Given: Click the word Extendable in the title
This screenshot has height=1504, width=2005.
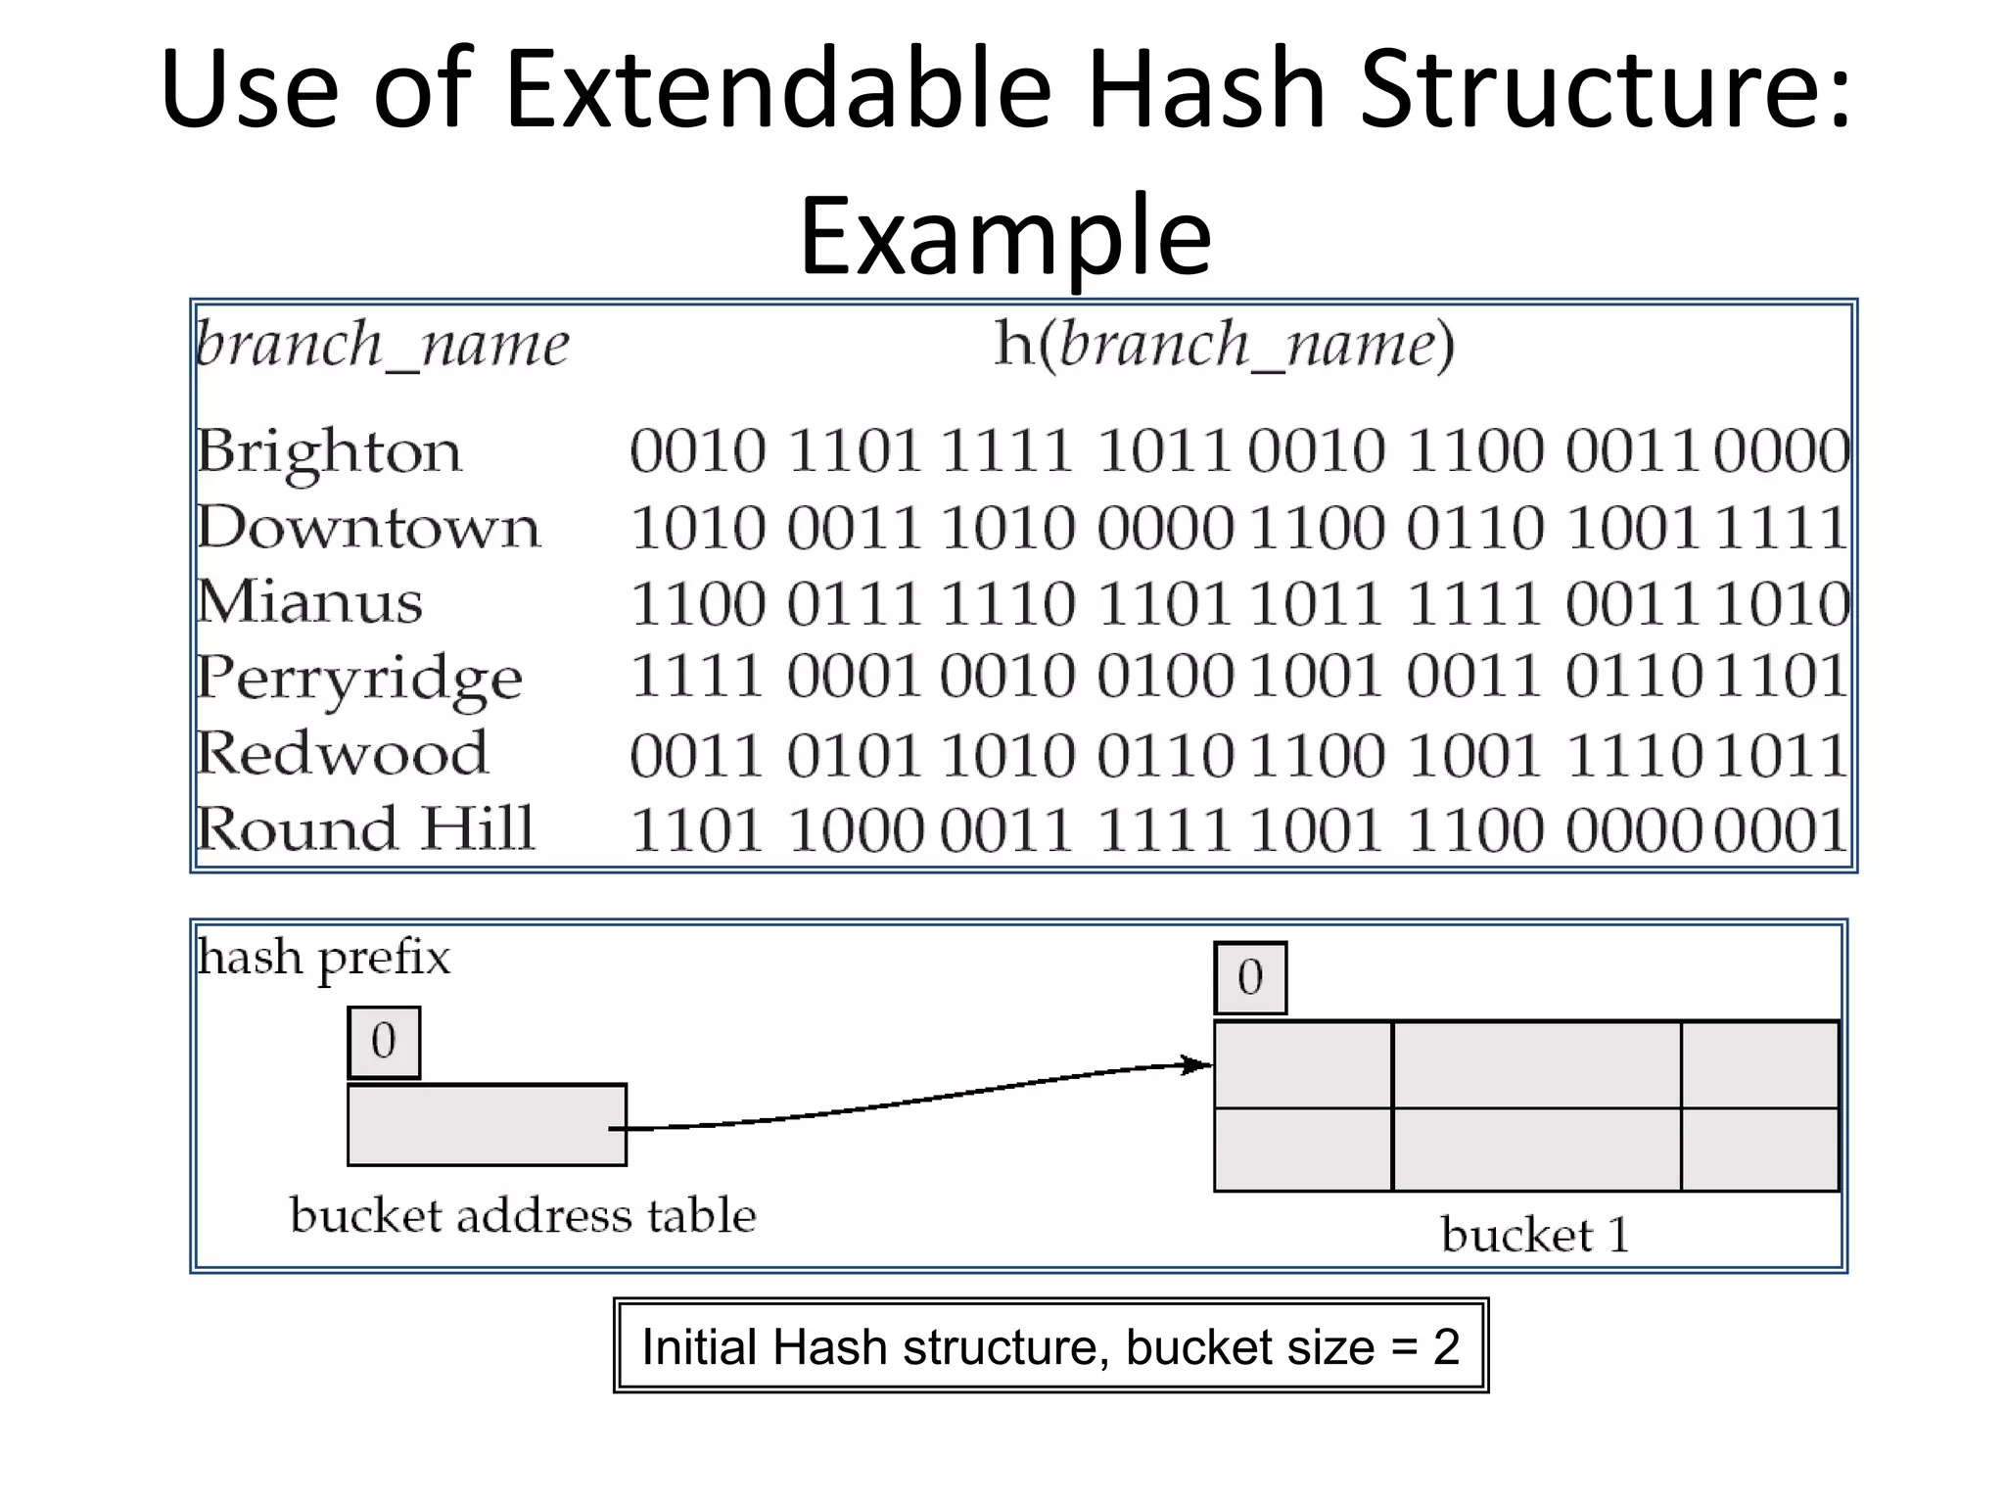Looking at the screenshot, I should point(777,90).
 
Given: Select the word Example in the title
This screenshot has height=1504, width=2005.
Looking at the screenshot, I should point(1005,236).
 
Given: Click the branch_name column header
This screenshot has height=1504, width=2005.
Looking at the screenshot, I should point(382,345).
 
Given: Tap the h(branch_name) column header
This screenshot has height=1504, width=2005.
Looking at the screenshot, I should point(1224,345).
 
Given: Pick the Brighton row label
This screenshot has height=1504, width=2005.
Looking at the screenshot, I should point(329,452).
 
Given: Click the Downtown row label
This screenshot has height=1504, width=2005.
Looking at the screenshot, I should point(368,528).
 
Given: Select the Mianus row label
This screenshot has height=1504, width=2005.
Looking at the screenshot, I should point(309,602).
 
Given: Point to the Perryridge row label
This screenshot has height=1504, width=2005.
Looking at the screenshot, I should point(359,679).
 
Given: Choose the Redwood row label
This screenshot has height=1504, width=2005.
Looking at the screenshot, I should point(342,754).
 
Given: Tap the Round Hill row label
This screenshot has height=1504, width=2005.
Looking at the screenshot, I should point(365,829).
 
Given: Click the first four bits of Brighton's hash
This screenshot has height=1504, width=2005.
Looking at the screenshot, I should point(697,452).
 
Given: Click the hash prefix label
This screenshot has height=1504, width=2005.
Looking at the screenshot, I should point(324,958).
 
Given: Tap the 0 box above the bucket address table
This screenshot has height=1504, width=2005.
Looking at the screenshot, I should point(384,1042).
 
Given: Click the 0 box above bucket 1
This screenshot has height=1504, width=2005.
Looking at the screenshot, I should point(1250,978).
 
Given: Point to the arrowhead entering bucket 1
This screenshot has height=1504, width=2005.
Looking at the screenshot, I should point(1198,1064).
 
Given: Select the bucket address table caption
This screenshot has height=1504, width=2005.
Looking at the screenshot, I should point(523,1216).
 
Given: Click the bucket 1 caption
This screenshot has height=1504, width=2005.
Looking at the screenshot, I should point(1534,1235).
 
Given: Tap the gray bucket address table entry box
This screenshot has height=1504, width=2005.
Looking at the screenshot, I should point(487,1125).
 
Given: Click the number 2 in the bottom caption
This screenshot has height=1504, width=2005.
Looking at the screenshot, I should point(1446,1347).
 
